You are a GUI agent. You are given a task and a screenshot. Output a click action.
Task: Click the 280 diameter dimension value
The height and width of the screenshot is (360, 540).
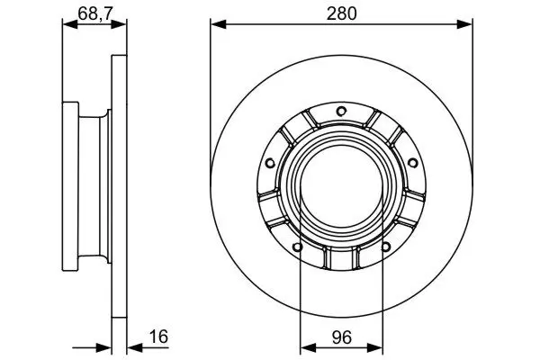click(x=341, y=13)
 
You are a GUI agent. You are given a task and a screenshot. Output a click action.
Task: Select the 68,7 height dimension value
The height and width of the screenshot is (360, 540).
click(x=95, y=13)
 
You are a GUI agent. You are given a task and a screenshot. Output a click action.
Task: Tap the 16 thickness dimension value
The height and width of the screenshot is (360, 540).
click(x=158, y=337)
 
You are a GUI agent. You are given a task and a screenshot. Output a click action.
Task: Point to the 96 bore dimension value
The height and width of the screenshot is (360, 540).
click(x=342, y=337)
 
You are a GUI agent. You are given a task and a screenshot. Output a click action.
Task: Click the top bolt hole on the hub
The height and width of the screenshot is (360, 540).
click(x=341, y=112)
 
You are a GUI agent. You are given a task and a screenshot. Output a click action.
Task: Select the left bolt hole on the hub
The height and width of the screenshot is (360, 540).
click(x=270, y=163)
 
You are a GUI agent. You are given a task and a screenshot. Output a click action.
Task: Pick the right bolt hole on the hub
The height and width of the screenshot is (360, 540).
click(x=412, y=163)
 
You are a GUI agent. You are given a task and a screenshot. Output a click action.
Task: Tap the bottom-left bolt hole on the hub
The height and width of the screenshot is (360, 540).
click(x=297, y=247)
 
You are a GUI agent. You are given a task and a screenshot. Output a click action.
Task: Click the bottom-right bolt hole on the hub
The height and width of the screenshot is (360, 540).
click(x=386, y=247)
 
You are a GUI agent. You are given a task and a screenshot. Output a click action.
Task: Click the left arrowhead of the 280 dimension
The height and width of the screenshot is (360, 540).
click(x=219, y=24)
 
